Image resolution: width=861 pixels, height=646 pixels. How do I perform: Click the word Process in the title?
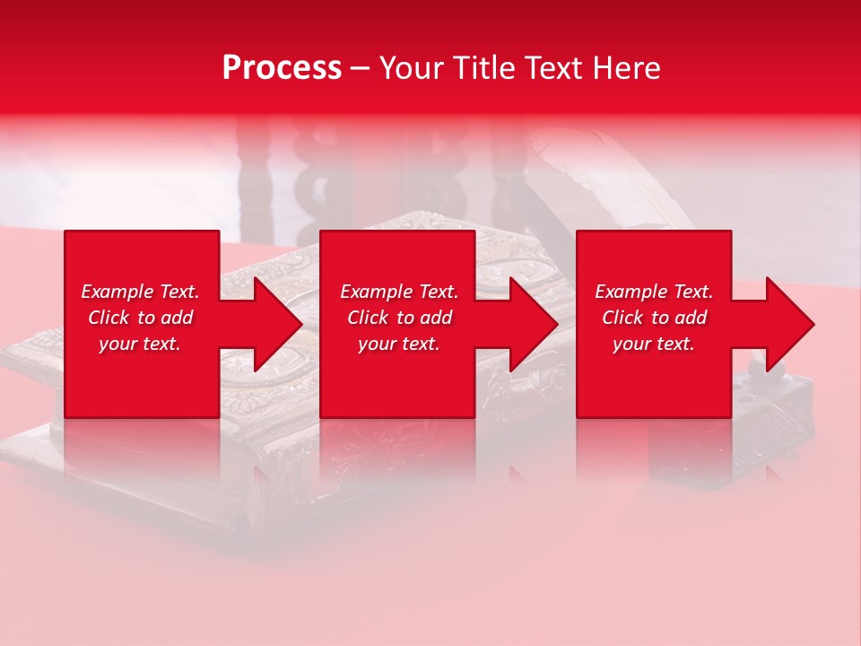point(282,68)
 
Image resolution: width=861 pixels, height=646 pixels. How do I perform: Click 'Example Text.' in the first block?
point(140,292)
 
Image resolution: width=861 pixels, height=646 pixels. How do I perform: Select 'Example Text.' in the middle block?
point(399,292)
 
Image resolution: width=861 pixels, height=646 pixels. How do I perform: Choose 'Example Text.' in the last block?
point(654,292)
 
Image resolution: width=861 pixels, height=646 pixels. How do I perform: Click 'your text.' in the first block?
point(140,344)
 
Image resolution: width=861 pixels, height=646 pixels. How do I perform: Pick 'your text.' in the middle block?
point(399,344)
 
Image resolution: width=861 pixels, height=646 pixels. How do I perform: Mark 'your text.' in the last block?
point(654,344)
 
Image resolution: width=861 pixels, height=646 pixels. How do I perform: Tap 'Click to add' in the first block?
point(140,318)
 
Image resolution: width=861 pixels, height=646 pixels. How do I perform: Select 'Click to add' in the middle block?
point(399,318)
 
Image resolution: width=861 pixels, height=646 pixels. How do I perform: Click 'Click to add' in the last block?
point(654,318)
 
